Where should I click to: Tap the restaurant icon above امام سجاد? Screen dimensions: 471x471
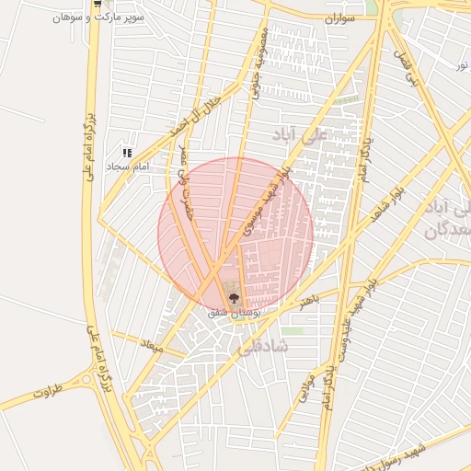pos(127,153)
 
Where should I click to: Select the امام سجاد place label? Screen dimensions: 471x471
pos(129,167)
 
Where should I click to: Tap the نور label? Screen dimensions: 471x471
pos(461,65)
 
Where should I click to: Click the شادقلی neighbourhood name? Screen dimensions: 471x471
pos(262,347)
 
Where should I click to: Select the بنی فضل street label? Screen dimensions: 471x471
pos(406,67)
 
